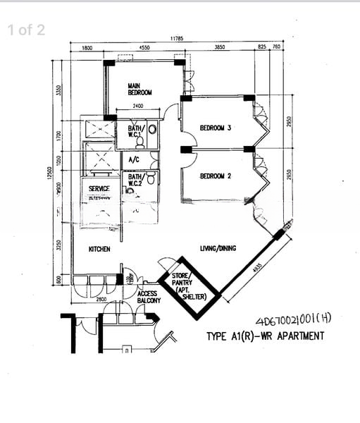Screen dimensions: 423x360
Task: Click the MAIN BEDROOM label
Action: pos(139,89)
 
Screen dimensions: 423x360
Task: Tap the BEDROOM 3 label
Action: pos(216,128)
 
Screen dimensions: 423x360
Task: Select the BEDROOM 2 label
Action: pos(216,176)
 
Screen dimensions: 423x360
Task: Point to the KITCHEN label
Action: pos(99,249)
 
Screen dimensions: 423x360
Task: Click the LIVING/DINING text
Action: pos(218,248)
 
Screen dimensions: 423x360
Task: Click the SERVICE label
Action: pos(99,189)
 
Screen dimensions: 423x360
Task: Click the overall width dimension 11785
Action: pos(176,39)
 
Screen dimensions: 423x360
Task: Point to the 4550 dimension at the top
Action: pos(144,48)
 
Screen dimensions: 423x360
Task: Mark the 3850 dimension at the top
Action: pos(219,48)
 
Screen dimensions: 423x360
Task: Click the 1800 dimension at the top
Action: pos(87,48)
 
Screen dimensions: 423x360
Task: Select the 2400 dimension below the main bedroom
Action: pos(138,106)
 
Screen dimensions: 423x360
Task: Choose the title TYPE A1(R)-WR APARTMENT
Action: pos(265,336)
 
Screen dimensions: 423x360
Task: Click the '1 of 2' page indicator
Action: pos(26,30)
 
